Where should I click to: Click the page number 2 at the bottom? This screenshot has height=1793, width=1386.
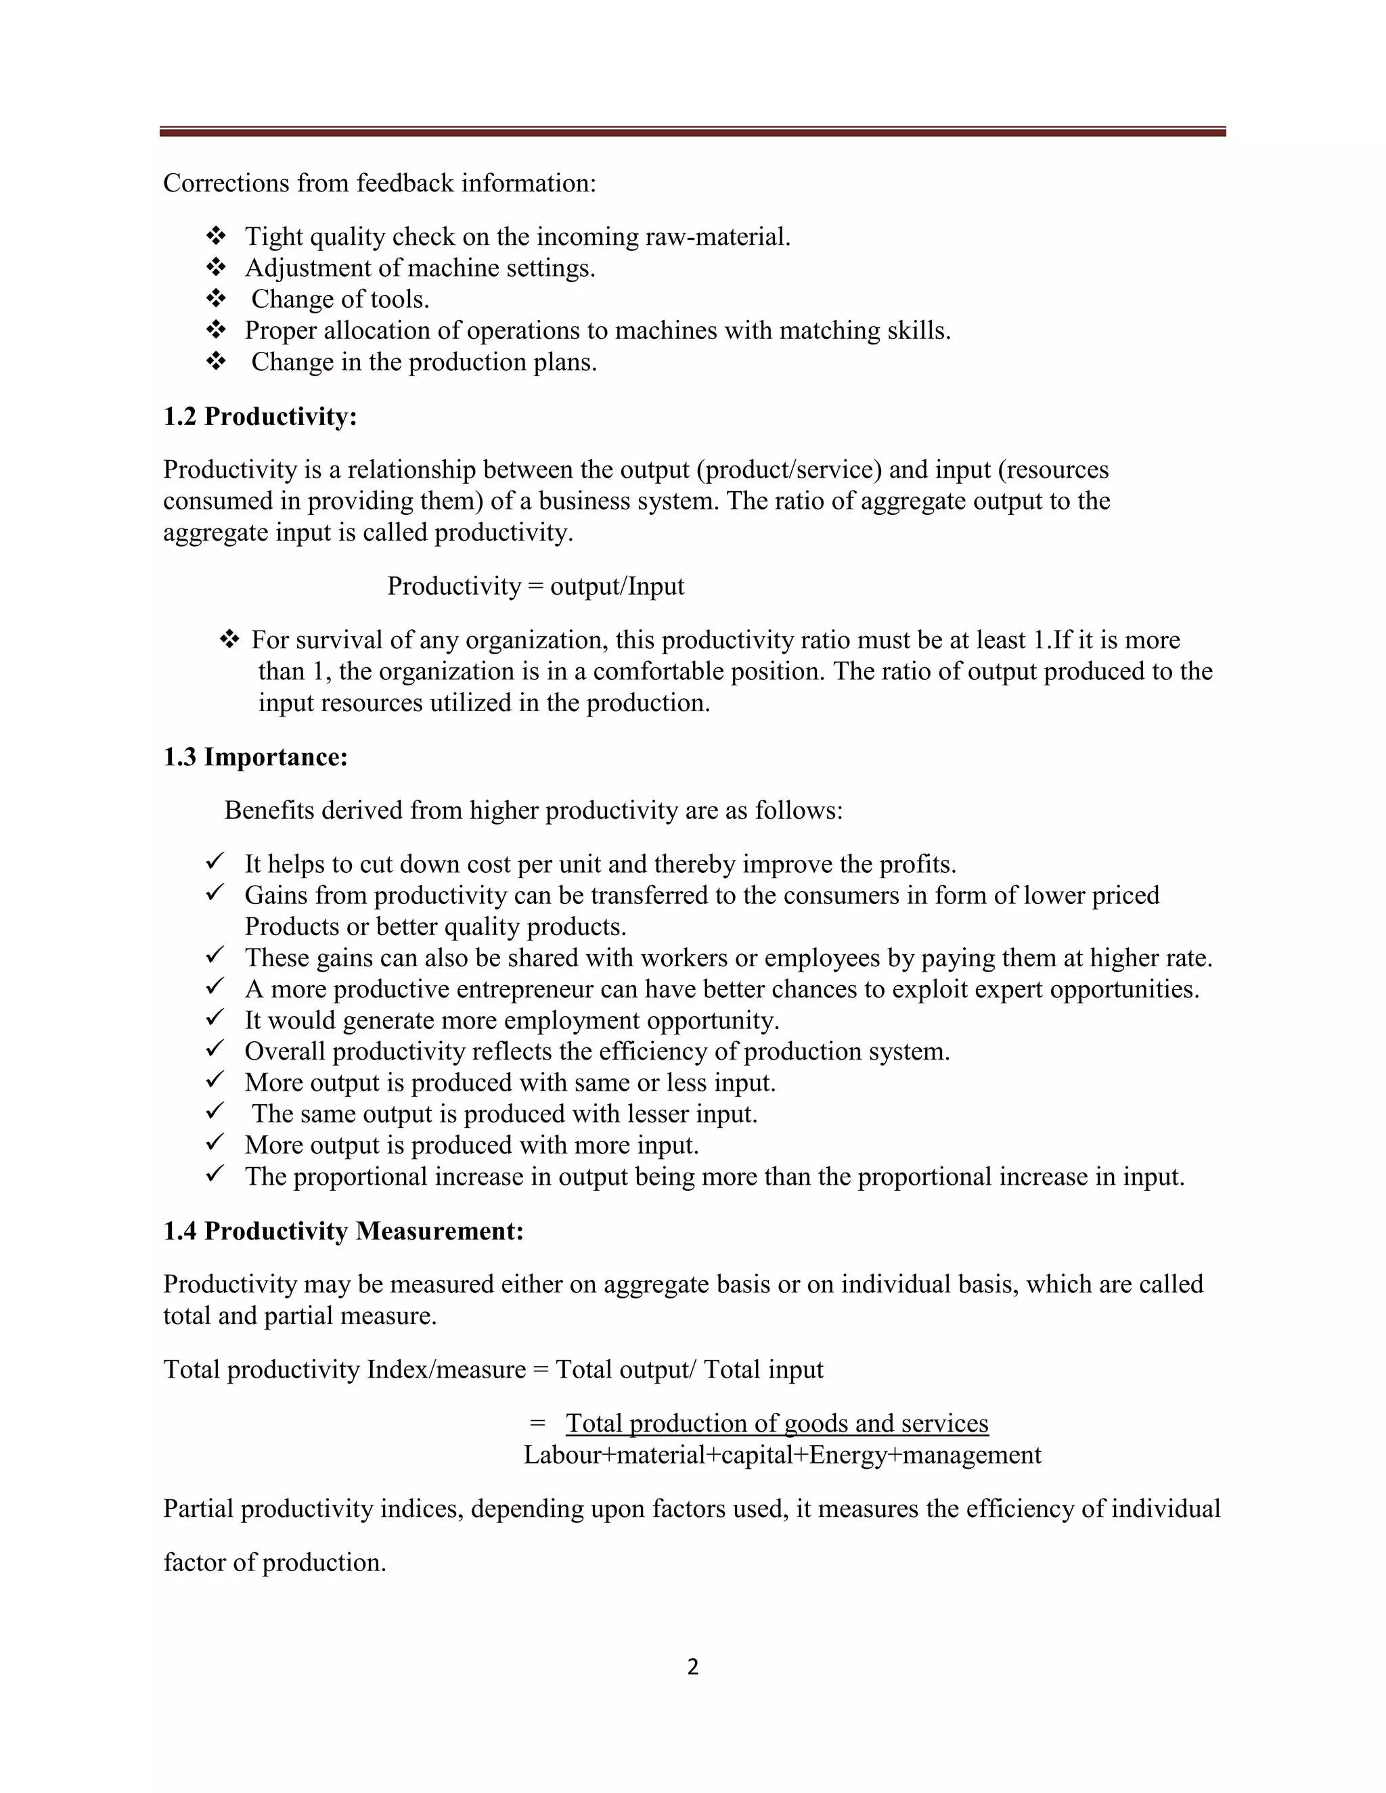(692, 1666)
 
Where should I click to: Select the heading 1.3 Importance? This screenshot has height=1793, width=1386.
(255, 756)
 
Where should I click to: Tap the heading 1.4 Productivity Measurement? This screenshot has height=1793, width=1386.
(343, 1231)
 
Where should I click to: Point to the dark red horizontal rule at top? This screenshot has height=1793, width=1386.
(692, 131)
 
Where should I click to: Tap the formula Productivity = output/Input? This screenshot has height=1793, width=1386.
(535, 586)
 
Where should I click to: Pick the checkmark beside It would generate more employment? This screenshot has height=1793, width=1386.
(215, 1019)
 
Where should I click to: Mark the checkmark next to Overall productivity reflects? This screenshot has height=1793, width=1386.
(215, 1050)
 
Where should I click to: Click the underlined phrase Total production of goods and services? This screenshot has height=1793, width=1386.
(777, 1423)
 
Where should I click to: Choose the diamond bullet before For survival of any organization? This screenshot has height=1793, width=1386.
(229, 639)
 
